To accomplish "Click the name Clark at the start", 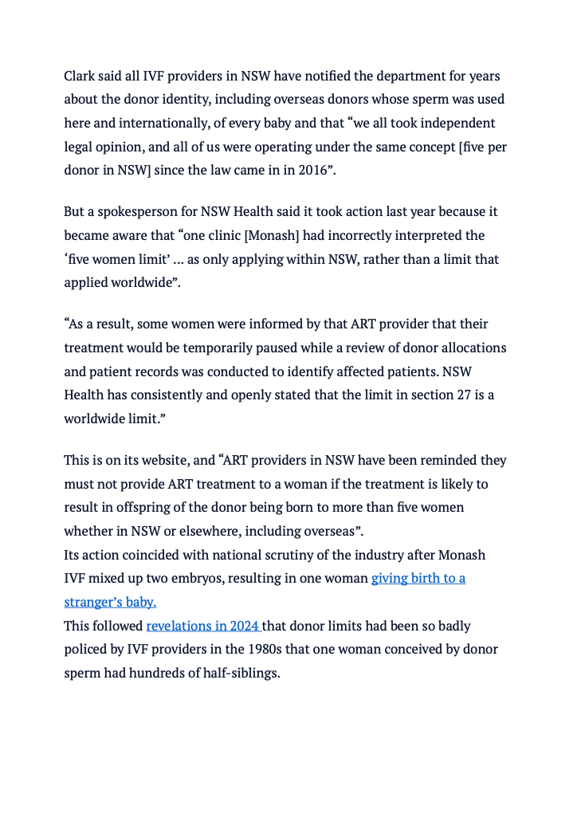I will [x=80, y=77].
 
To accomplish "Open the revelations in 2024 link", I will [x=203, y=627].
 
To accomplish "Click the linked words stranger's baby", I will [x=110, y=602].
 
